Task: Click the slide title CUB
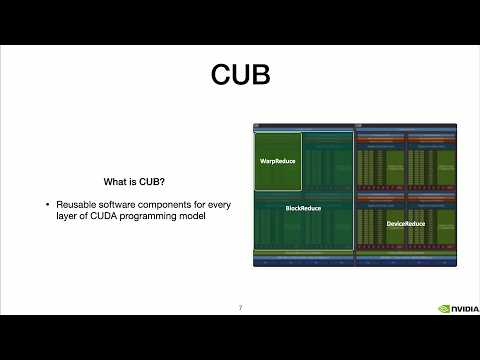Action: (x=240, y=75)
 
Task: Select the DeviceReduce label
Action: (x=405, y=224)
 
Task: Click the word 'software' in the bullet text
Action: (x=116, y=205)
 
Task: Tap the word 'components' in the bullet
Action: (x=164, y=205)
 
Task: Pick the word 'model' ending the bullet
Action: (x=194, y=217)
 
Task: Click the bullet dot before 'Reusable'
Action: (x=48, y=205)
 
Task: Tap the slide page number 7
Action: (x=240, y=307)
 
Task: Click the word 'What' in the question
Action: (x=115, y=182)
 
